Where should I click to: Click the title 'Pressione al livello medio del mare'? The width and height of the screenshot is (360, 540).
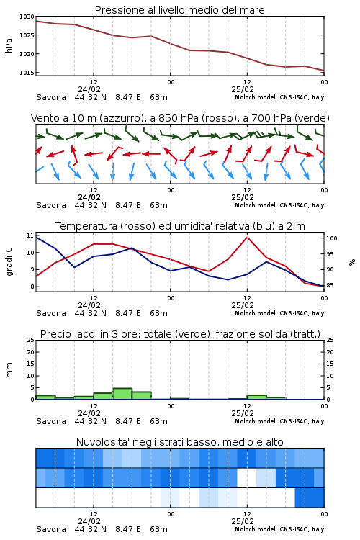(x=179, y=10)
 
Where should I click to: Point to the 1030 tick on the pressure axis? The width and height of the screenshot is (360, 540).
(x=27, y=17)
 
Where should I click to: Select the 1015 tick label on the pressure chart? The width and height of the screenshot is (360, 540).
(x=27, y=73)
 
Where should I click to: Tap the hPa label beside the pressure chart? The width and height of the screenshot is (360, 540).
(x=9, y=45)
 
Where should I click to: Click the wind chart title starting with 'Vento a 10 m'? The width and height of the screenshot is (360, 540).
(x=180, y=118)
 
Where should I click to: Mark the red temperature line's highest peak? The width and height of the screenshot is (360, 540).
(x=247, y=237)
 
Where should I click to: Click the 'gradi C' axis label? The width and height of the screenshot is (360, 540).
(x=9, y=261)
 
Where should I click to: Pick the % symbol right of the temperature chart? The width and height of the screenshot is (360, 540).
(x=352, y=262)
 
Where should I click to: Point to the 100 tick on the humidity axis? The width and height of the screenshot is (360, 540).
(x=332, y=238)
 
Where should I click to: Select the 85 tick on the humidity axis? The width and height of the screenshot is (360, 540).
(x=330, y=285)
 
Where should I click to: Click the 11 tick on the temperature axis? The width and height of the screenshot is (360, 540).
(x=30, y=235)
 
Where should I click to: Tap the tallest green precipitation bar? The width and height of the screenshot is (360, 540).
(x=122, y=394)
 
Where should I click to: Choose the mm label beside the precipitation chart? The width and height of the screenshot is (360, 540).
(x=9, y=369)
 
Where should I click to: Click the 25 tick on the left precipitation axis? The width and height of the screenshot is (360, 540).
(x=30, y=340)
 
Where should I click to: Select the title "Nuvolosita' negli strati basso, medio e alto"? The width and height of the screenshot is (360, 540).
(x=179, y=442)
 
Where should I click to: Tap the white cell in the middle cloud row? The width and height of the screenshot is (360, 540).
(x=247, y=477)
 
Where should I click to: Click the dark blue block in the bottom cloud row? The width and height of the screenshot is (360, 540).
(x=310, y=498)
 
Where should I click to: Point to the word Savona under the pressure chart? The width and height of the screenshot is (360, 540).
(x=51, y=97)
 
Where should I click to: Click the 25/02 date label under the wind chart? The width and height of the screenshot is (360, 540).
(x=243, y=197)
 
